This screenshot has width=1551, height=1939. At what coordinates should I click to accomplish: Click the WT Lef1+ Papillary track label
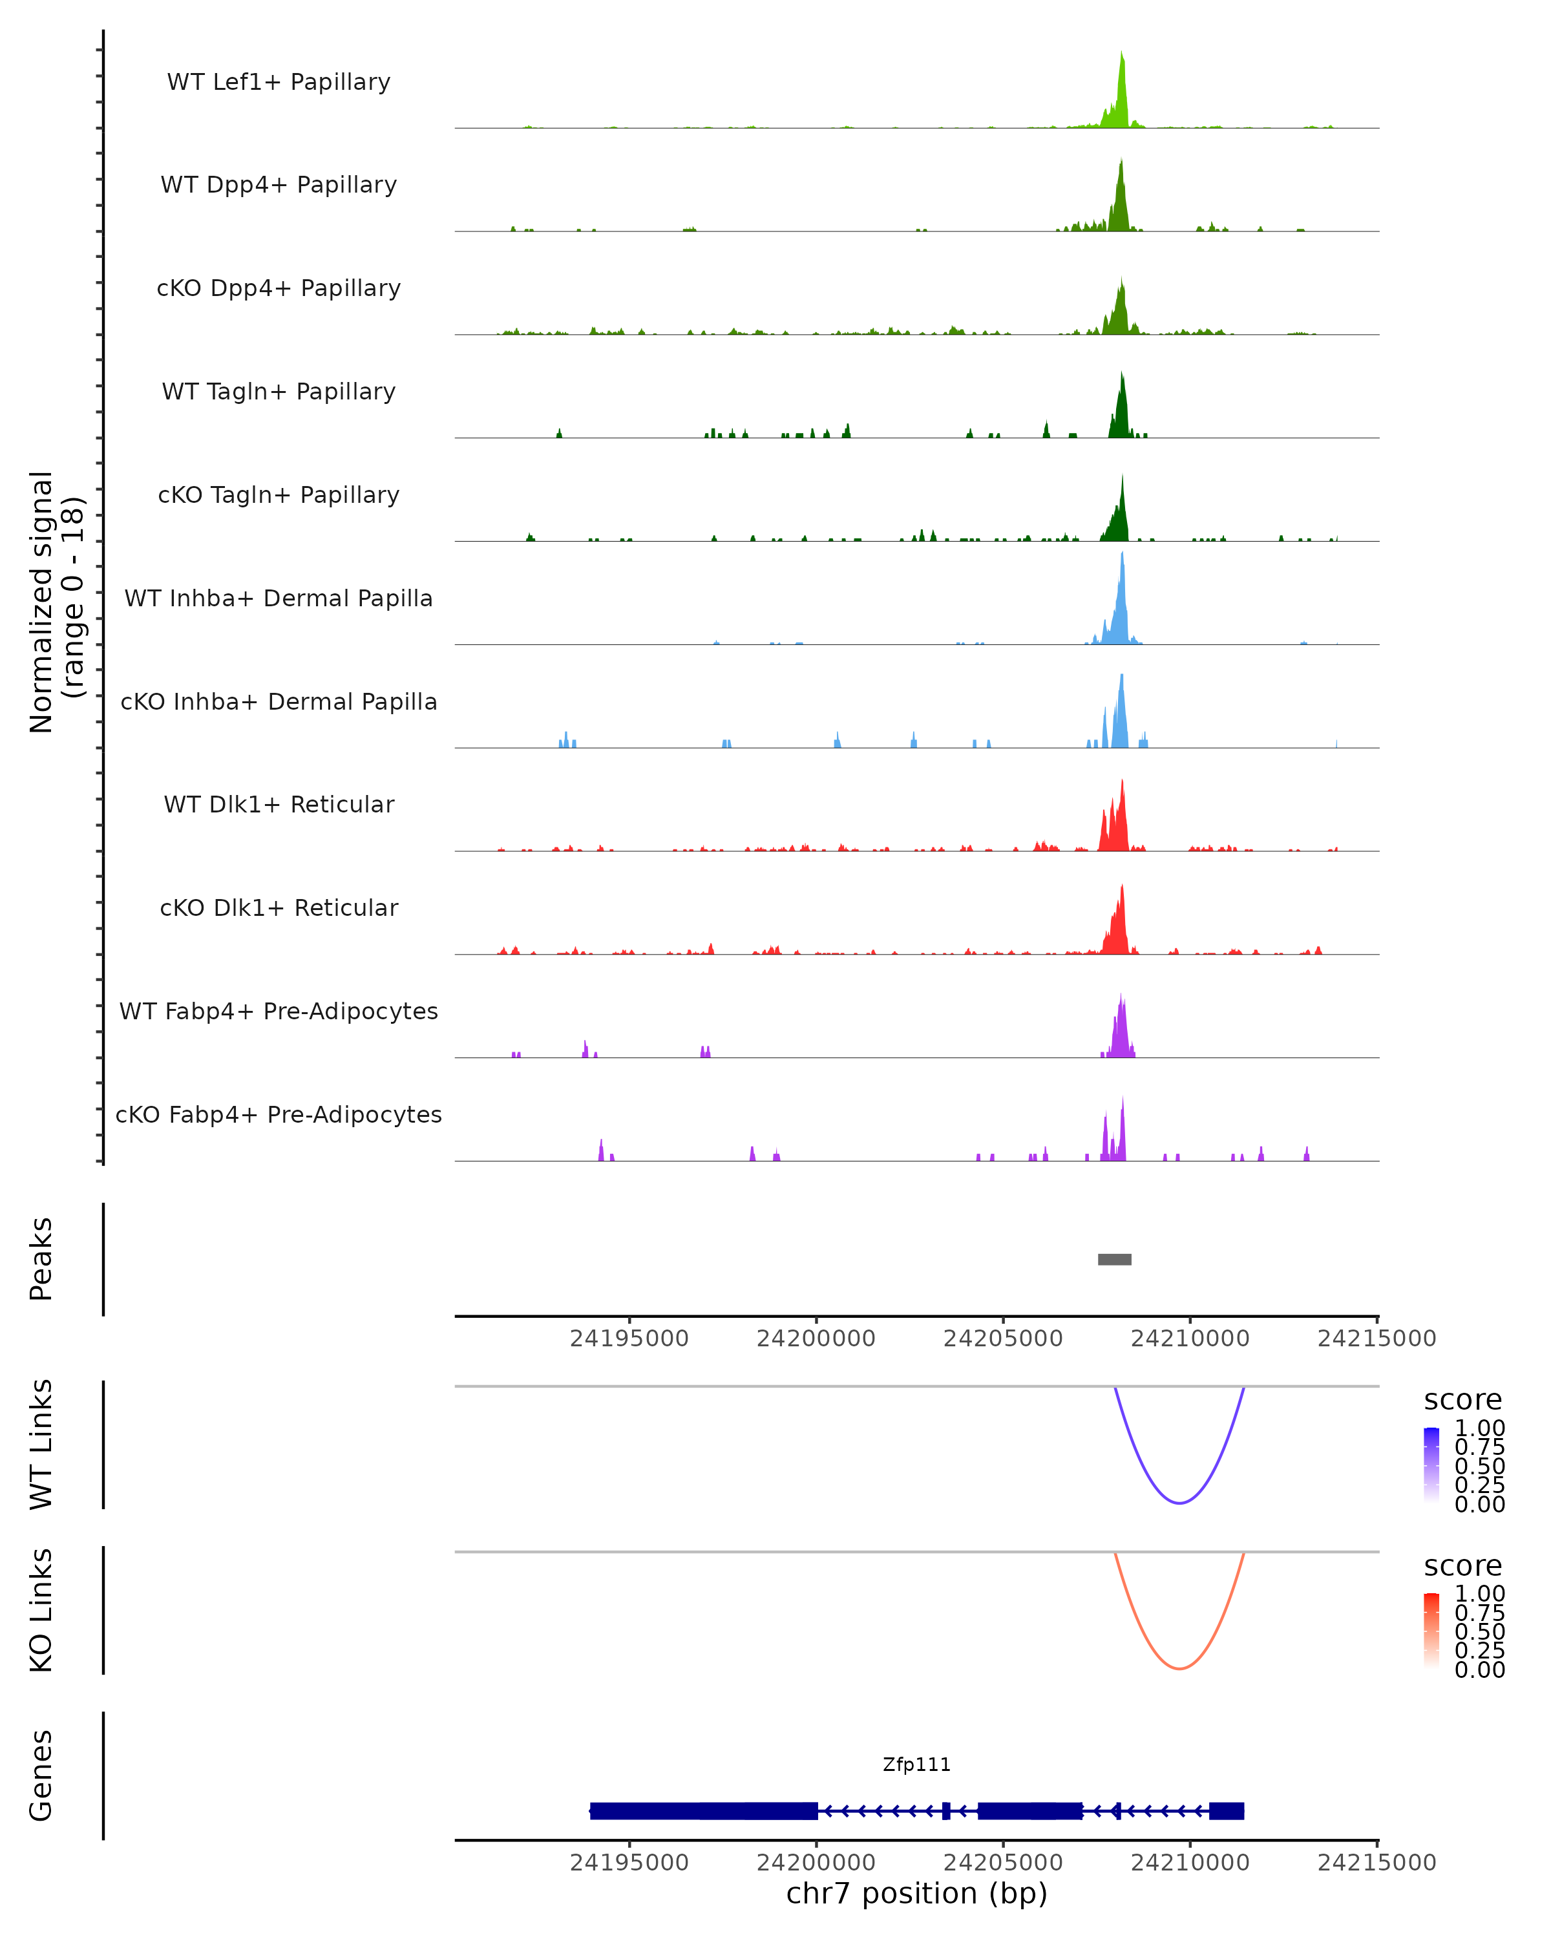tap(279, 82)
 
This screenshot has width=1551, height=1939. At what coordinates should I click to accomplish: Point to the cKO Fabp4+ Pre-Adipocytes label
tap(279, 1114)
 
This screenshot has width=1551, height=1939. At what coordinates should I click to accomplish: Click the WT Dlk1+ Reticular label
tap(279, 804)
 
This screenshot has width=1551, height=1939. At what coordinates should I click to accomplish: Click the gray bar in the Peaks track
tap(1114, 1259)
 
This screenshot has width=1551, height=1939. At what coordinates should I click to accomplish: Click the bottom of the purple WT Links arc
tap(1179, 1502)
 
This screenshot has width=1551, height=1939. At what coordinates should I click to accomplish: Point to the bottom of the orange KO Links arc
tap(1179, 1668)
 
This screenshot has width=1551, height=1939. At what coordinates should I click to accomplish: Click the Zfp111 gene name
tap(916, 1764)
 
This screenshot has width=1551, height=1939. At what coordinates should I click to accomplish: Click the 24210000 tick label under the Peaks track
tap(1190, 1339)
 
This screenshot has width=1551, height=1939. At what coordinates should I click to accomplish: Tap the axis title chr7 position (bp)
tap(916, 1894)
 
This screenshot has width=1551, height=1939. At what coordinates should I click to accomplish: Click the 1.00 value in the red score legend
tap(1479, 1593)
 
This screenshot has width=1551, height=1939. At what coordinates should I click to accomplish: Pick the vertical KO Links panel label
tap(41, 1610)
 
